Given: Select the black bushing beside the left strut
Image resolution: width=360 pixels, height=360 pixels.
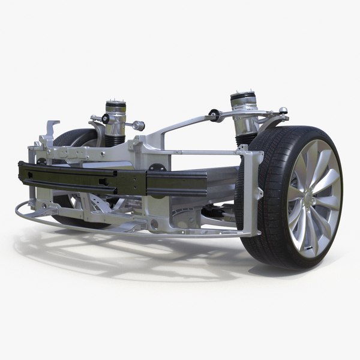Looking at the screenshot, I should [x=106, y=119].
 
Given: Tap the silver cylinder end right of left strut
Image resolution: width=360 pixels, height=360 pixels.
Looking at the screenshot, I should [x=139, y=125].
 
